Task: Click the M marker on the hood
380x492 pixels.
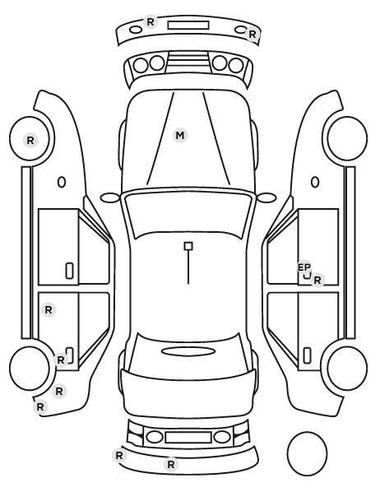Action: click(x=180, y=136)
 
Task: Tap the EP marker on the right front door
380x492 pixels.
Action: click(x=304, y=267)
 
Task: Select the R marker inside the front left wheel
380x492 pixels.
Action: click(x=30, y=140)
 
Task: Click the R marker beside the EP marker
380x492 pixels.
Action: click(x=317, y=280)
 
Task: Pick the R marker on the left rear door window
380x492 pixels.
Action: click(x=49, y=310)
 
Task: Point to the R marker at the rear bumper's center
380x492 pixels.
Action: click(x=171, y=464)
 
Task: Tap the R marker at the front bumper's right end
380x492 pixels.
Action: click(x=253, y=35)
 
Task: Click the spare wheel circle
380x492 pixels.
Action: click(x=307, y=453)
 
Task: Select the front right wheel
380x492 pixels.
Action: click(x=347, y=138)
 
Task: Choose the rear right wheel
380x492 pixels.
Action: click(x=347, y=368)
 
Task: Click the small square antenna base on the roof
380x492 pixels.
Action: click(x=188, y=246)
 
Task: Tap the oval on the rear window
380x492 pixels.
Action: click(x=188, y=351)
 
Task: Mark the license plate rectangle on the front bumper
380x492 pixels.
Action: click(x=188, y=26)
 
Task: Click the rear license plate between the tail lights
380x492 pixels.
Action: click(x=188, y=437)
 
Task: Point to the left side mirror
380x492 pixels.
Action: click(x=110, y=197)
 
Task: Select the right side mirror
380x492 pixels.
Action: click(x=266, y=197)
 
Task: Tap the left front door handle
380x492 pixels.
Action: click(x=70, y=271)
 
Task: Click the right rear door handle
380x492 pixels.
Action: click(x=307, y=355)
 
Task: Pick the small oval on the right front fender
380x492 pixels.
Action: click(x=315, y=182)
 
